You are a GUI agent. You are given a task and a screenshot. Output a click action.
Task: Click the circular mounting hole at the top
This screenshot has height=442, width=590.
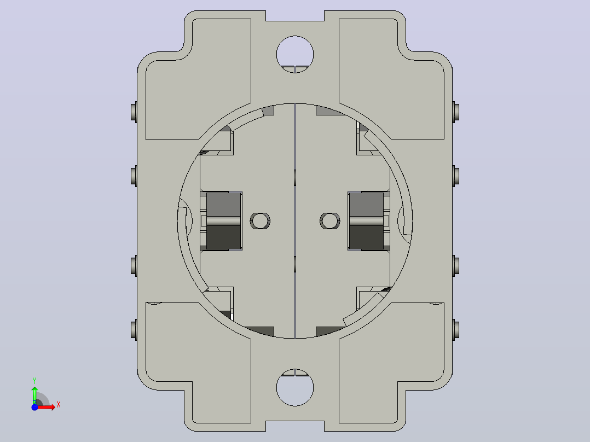(295, 54)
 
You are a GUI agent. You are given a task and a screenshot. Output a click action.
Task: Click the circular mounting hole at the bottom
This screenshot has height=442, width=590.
(295, 387)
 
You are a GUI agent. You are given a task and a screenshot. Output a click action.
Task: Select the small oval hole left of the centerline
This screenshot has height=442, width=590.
(260, 221)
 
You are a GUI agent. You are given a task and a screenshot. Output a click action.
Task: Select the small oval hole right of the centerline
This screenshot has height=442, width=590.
(330, 221)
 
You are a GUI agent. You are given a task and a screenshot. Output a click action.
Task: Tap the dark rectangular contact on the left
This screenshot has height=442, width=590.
(223, 221)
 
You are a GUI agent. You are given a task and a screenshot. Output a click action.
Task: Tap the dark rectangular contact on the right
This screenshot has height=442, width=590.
(367, 221)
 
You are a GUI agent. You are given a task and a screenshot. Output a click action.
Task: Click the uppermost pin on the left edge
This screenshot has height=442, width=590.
(134, 112)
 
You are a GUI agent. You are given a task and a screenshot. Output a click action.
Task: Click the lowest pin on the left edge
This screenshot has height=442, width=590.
(134, 330)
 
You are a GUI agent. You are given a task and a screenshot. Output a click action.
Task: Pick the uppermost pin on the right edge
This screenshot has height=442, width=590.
(456, 112)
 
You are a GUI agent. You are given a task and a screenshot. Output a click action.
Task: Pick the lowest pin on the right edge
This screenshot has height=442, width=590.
(456, 330)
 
